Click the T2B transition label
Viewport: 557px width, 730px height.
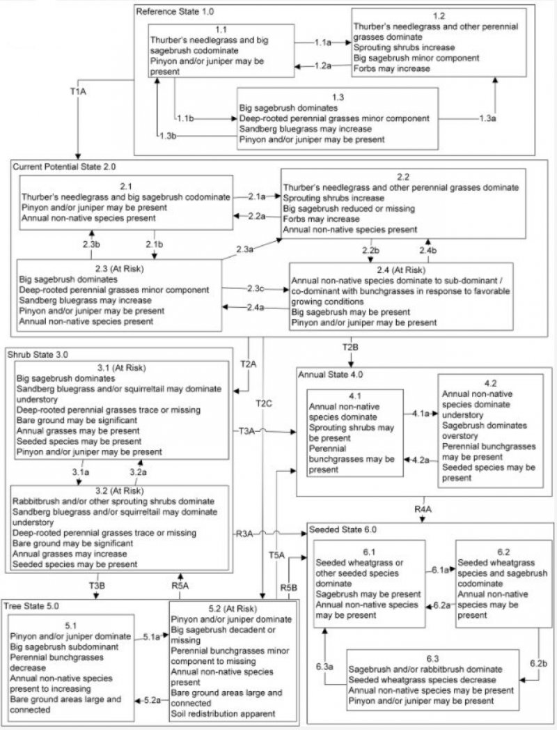point(350,346)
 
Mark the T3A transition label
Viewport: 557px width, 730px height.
point(248,432)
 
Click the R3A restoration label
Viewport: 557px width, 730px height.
point(245,534)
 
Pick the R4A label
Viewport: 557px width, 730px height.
point(423,510)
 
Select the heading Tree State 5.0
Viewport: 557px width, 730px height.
point(32,603)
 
